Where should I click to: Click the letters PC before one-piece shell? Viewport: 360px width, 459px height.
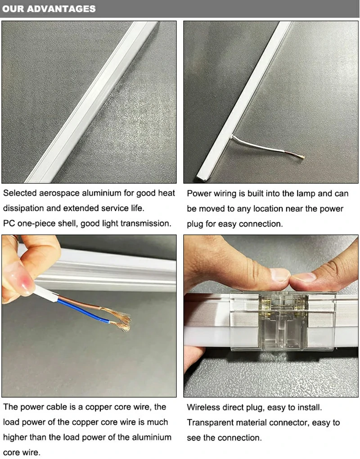coord(9,223)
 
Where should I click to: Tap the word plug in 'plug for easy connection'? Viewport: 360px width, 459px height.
coord(195,224)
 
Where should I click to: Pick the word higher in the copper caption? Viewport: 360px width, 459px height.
coord(16,437)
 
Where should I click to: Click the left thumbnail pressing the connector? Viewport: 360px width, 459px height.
coord(280,275)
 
